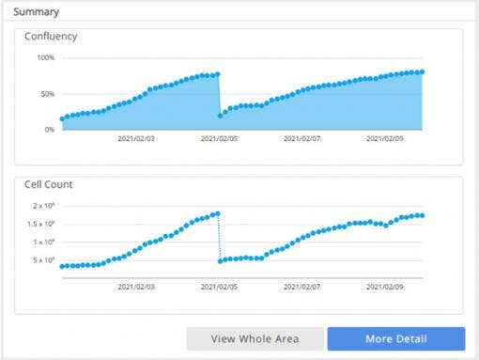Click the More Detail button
[x=395, y=338]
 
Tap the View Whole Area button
[x=255, y=338]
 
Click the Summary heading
[x=36, y=12]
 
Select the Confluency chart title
[x=51, y=37]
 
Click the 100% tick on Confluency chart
[x=45, y=58]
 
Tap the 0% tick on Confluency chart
[x=49, y=129]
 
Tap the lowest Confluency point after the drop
[x=220, y=116]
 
